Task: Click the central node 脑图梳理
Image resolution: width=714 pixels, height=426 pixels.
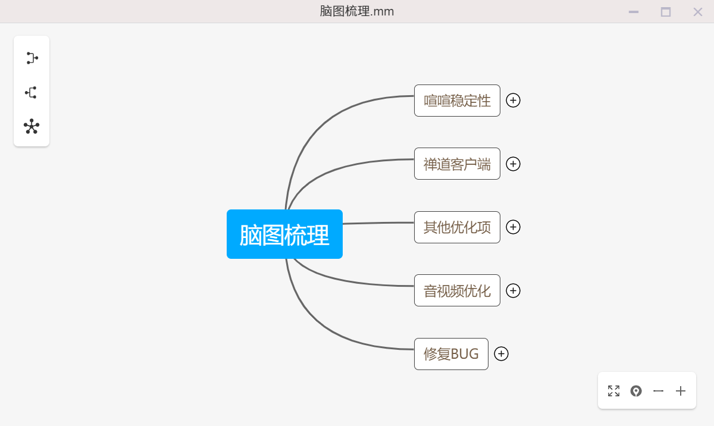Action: (x=284, y=234)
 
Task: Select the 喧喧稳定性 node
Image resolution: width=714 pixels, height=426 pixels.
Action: (x=457, y=101)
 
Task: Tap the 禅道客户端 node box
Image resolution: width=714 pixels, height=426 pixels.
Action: (x=457, y=164)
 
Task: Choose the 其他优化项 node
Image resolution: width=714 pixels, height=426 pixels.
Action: (x=457, y=227)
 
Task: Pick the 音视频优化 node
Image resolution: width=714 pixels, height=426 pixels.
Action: (x=457, y=290)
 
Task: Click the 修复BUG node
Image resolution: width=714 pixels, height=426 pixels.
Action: (x=452, y=354)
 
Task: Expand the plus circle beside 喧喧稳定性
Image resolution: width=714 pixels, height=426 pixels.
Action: (x=513, y=101)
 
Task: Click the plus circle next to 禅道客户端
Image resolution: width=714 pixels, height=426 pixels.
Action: (x=513, y=164)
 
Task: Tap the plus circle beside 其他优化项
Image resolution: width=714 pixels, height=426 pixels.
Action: (x=513, y=227)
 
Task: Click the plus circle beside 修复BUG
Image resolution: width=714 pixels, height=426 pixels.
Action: (x=501, y=353)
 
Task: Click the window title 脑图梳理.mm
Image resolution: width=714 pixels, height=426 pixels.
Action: (x=356, y=11)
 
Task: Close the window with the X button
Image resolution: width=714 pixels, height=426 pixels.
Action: (x=698, y=12)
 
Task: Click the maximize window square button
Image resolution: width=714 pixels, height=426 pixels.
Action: (x=666, y=12)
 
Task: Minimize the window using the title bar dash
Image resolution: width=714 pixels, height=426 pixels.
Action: (x=634, y=12)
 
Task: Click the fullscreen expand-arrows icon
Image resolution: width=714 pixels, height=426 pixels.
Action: (x=613, y=391)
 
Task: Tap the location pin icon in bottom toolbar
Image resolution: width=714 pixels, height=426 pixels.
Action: (x=636, y=391)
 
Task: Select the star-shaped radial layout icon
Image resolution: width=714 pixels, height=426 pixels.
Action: (x=32, y=127)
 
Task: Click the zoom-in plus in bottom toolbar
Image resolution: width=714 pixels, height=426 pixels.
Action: (x=681, y=391)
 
